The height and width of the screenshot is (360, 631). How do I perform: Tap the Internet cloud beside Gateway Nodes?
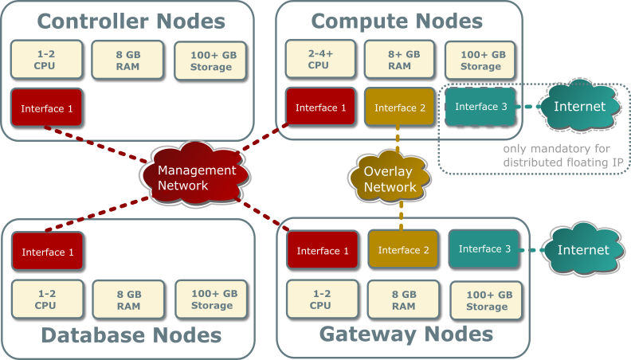pyautogui.click(x=583, y=249)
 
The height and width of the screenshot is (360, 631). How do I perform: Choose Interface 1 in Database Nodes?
pyautogui.click(x=48, y=252)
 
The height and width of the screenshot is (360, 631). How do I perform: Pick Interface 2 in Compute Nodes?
pyautogui.click(x=401, y=108)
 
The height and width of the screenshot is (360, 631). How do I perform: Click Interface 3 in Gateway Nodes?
pyautogui.click(x=484, y=249)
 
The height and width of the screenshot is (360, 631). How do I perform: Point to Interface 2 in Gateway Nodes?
pyautogui.click(x=404, y=250)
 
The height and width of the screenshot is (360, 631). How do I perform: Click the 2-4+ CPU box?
pyautogui.click(x=319, y=60)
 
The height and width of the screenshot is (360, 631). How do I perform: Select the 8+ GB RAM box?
pyautogui.click(x=399, y=60)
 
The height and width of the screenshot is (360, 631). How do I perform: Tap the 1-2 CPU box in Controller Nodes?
pyautogui.click(x=45, y=60)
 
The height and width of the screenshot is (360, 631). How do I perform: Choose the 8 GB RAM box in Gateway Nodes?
pyautogui.click(x=403, y=299)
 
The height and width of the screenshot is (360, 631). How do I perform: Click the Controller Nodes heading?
pyautogui.click(x=131, y=21)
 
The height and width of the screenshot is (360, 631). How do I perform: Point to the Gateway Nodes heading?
pyautogui.click(x=406, y=334)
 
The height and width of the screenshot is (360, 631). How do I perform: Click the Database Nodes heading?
pyautogui.click(x=131, y=335)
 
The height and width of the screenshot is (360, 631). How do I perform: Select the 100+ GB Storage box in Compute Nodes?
pyautogui.click(x=480, y=60)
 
